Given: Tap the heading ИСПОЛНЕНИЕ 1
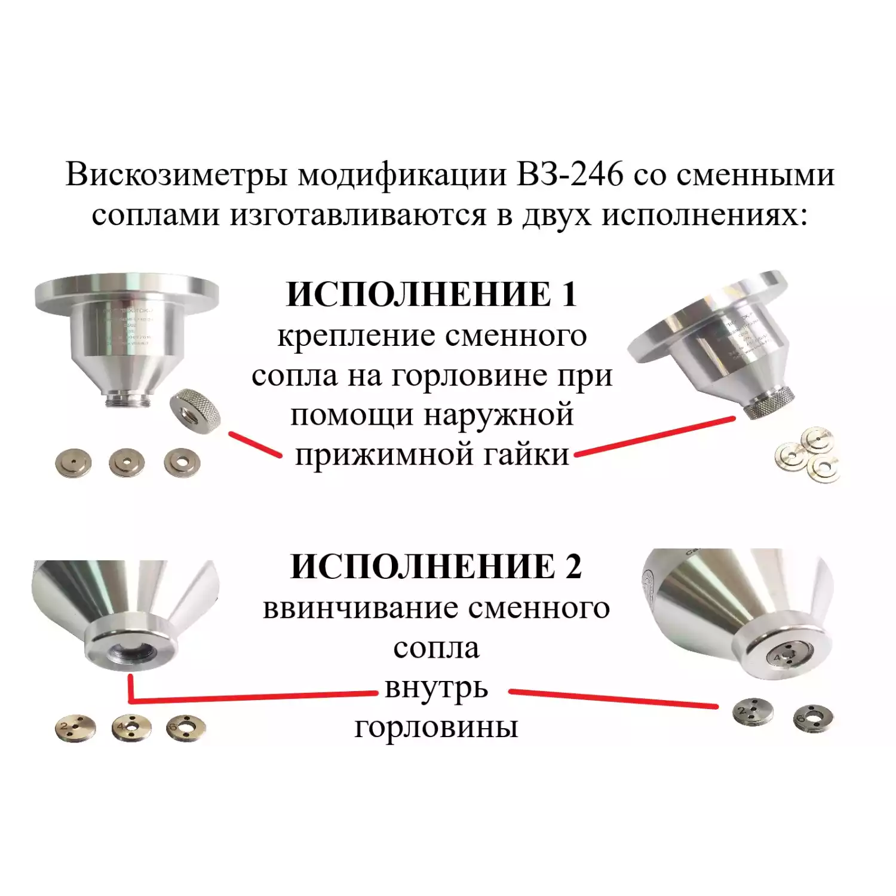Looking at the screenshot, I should tap(431, 294).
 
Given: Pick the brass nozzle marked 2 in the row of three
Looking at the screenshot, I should tap(75, 728).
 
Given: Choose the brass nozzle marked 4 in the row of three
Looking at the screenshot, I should tap(131, 728).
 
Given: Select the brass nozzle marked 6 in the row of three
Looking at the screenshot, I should tap(186, 728).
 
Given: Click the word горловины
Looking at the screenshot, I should tap(435, 728).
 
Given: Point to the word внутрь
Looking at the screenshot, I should tap(436, 688).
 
